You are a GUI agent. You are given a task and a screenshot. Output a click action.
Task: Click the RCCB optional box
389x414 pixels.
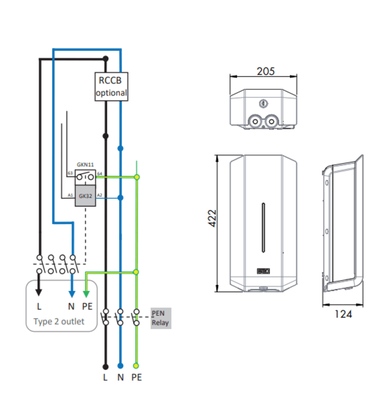(111, 87)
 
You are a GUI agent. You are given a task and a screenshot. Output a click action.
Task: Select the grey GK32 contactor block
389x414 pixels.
(85, 196)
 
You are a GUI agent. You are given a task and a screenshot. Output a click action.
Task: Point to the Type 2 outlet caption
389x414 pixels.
(58, 321)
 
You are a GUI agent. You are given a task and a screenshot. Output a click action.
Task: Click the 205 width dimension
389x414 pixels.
(265, 71)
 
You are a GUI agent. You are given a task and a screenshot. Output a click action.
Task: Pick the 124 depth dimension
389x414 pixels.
(343, 314)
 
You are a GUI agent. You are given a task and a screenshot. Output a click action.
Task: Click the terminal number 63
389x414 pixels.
(70, 173)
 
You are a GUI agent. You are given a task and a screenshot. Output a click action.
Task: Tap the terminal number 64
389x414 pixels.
(99, 173)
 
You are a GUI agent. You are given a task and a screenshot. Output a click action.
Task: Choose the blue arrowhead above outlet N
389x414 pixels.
(72, 293)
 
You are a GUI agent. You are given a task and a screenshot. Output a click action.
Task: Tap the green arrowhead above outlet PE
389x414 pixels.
(86, 293)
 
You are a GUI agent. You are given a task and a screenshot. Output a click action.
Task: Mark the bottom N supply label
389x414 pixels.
(120, 377)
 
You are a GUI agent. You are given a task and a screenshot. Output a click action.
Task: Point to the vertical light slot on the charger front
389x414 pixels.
(263, 228)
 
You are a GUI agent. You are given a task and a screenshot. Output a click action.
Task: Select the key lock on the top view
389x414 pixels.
(263, 103)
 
